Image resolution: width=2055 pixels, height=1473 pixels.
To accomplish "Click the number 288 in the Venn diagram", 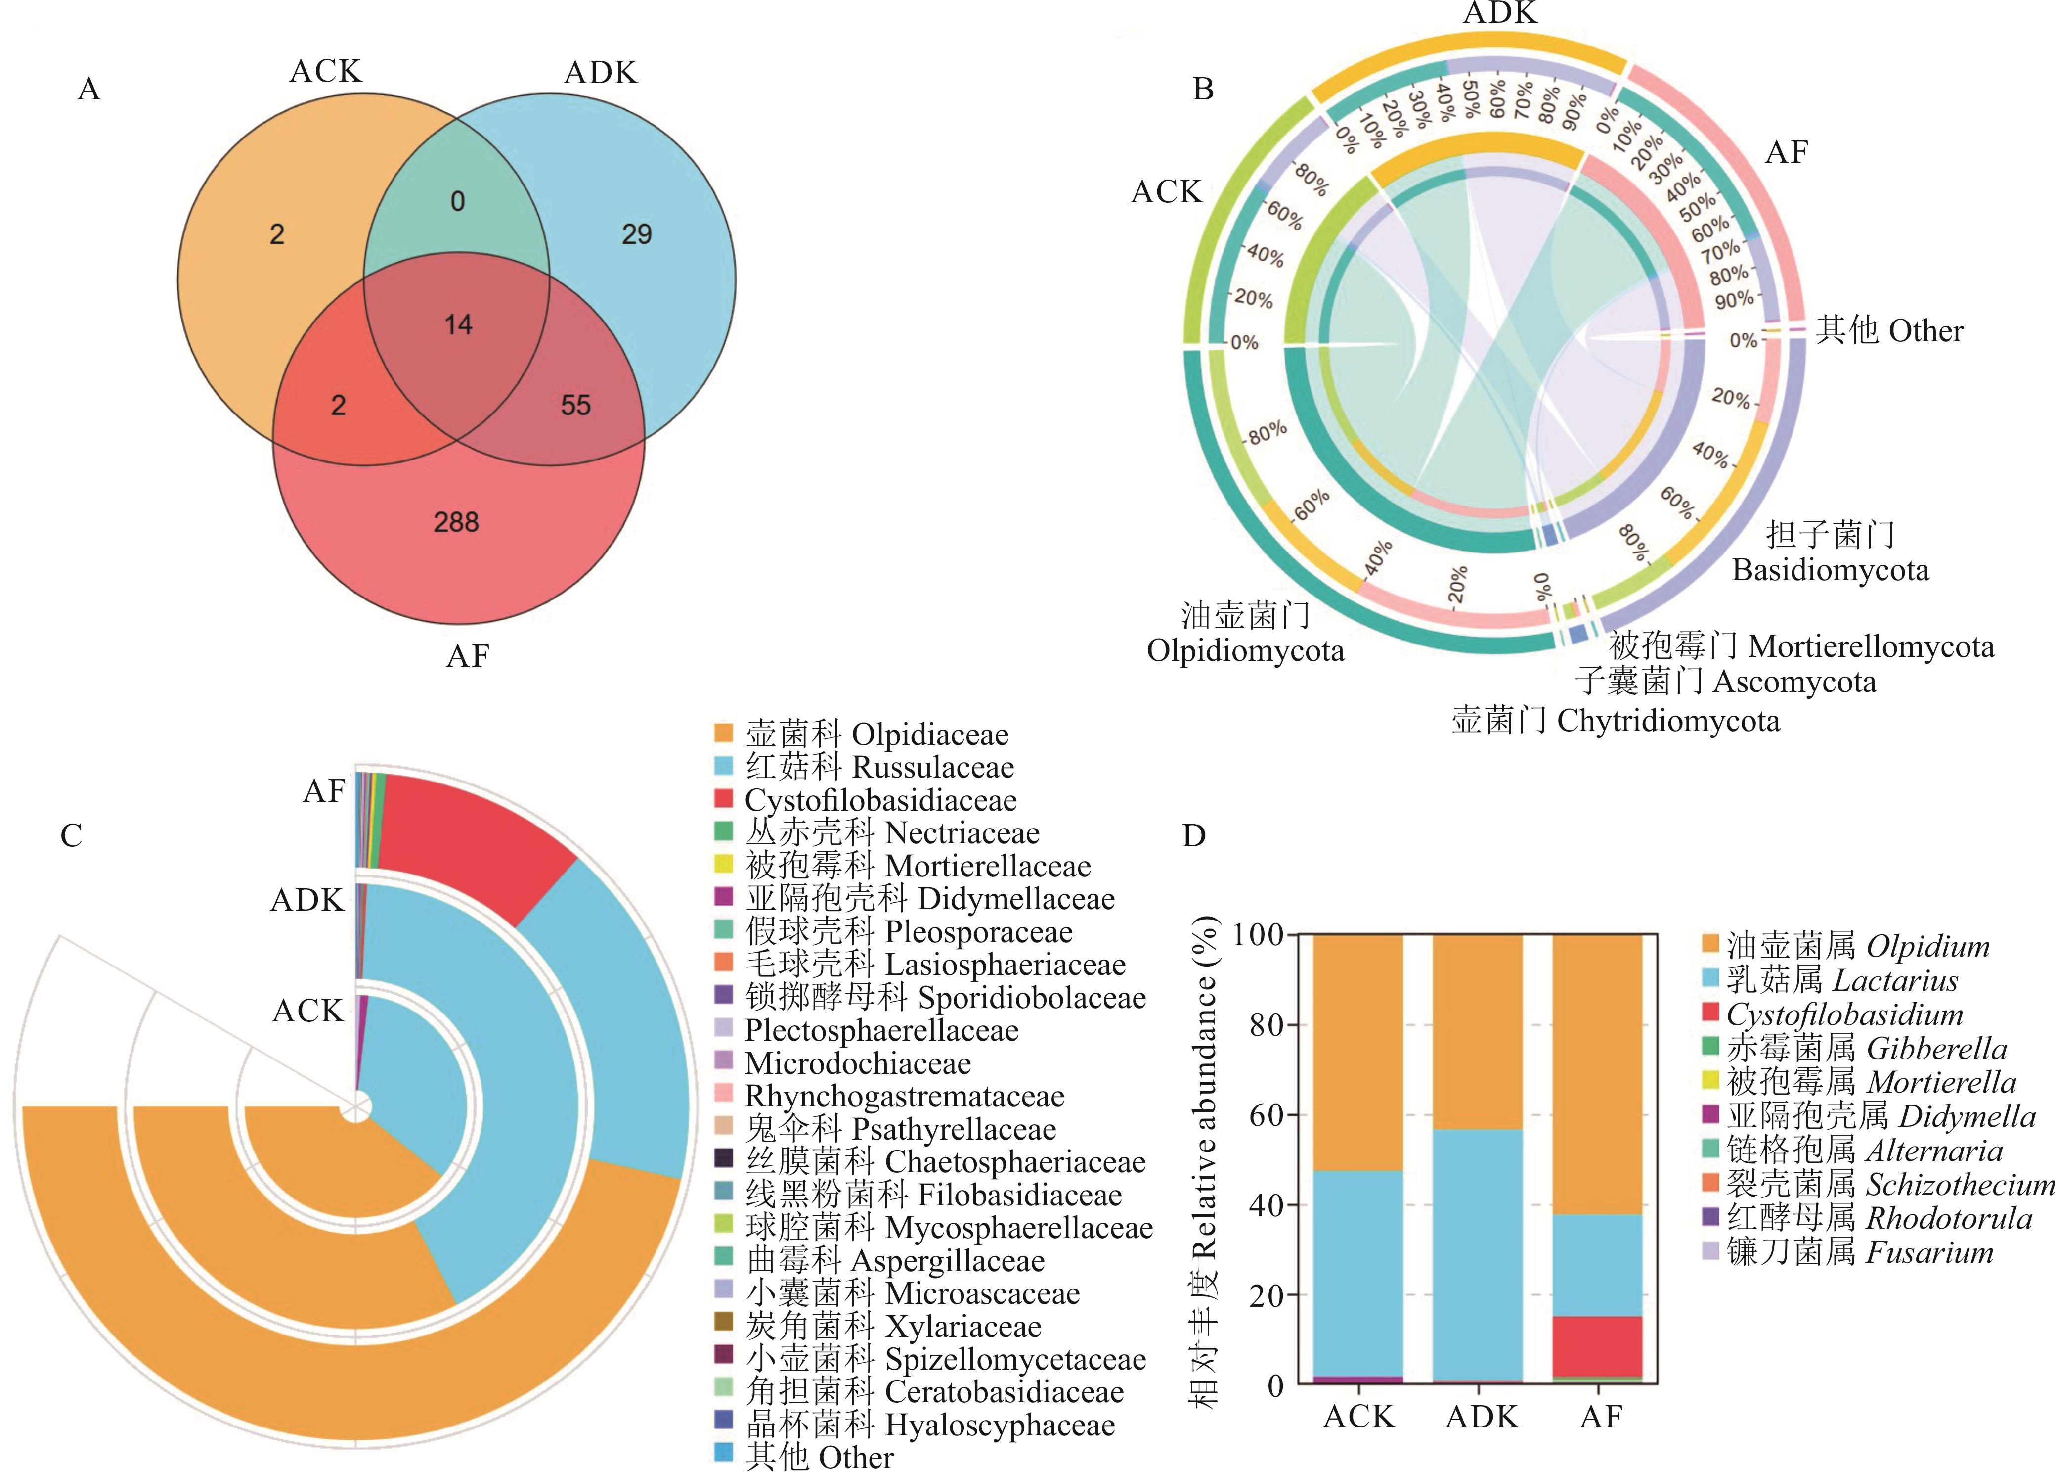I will pyautogui.click(x=456, y=522).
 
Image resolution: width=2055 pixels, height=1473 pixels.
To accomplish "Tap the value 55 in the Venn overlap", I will pyautogui.click(x=575, y=405).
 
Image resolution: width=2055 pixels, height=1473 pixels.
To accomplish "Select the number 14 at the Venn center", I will pyautogui.click(x=458, y=324).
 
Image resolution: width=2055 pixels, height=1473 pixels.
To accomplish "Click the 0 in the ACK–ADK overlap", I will pyautogui.click(x=458, y=201).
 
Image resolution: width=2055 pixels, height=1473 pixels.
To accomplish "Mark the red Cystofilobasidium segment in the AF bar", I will pyautogui.click(x=1599, y=1346).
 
